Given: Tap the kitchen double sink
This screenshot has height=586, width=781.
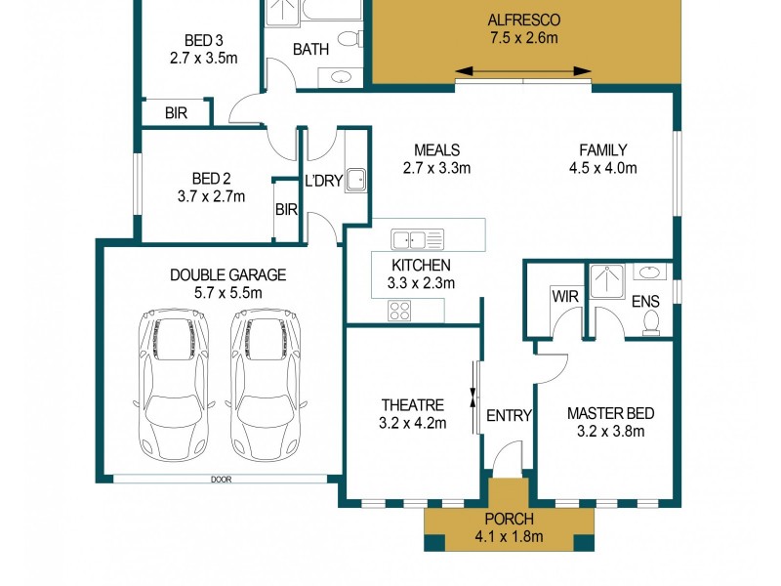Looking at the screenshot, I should click(417, 238).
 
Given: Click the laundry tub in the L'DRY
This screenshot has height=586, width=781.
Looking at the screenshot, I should click(358, 179).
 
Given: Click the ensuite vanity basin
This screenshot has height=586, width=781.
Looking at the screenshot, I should click(649, 272).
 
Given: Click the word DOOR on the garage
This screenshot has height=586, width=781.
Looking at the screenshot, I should click(218, 480).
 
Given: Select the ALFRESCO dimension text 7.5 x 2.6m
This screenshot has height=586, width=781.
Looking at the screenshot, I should click(524, 38).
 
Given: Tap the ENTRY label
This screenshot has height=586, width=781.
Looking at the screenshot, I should click(509, 416).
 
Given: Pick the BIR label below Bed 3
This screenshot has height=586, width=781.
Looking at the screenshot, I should click(176, 113).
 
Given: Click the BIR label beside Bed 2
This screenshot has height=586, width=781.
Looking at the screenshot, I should click(286, 209).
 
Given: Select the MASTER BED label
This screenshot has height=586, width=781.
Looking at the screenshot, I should click(604, 413).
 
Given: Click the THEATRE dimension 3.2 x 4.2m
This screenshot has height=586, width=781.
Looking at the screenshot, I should click(413, 423).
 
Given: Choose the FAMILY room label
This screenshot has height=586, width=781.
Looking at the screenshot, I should click(602, 149).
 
